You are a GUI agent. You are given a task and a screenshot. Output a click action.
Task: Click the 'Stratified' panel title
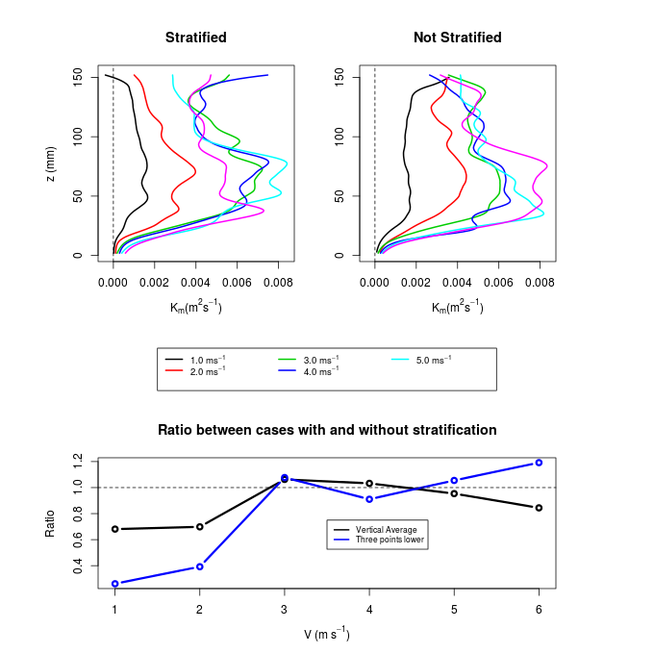195,38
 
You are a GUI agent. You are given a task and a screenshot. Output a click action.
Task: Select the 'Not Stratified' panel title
457,38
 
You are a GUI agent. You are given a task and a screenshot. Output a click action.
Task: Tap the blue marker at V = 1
114,584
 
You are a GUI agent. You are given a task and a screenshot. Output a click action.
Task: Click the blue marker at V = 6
539,463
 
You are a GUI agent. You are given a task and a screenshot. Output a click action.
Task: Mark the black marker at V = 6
539,508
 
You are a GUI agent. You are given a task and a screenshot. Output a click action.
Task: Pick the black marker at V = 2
199,527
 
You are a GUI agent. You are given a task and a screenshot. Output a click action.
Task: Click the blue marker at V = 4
369,499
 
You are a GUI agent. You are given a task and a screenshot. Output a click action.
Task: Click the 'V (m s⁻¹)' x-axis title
327,635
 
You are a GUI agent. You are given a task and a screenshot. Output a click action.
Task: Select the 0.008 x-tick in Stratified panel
278,285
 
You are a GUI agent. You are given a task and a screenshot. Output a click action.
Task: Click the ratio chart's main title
327,430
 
